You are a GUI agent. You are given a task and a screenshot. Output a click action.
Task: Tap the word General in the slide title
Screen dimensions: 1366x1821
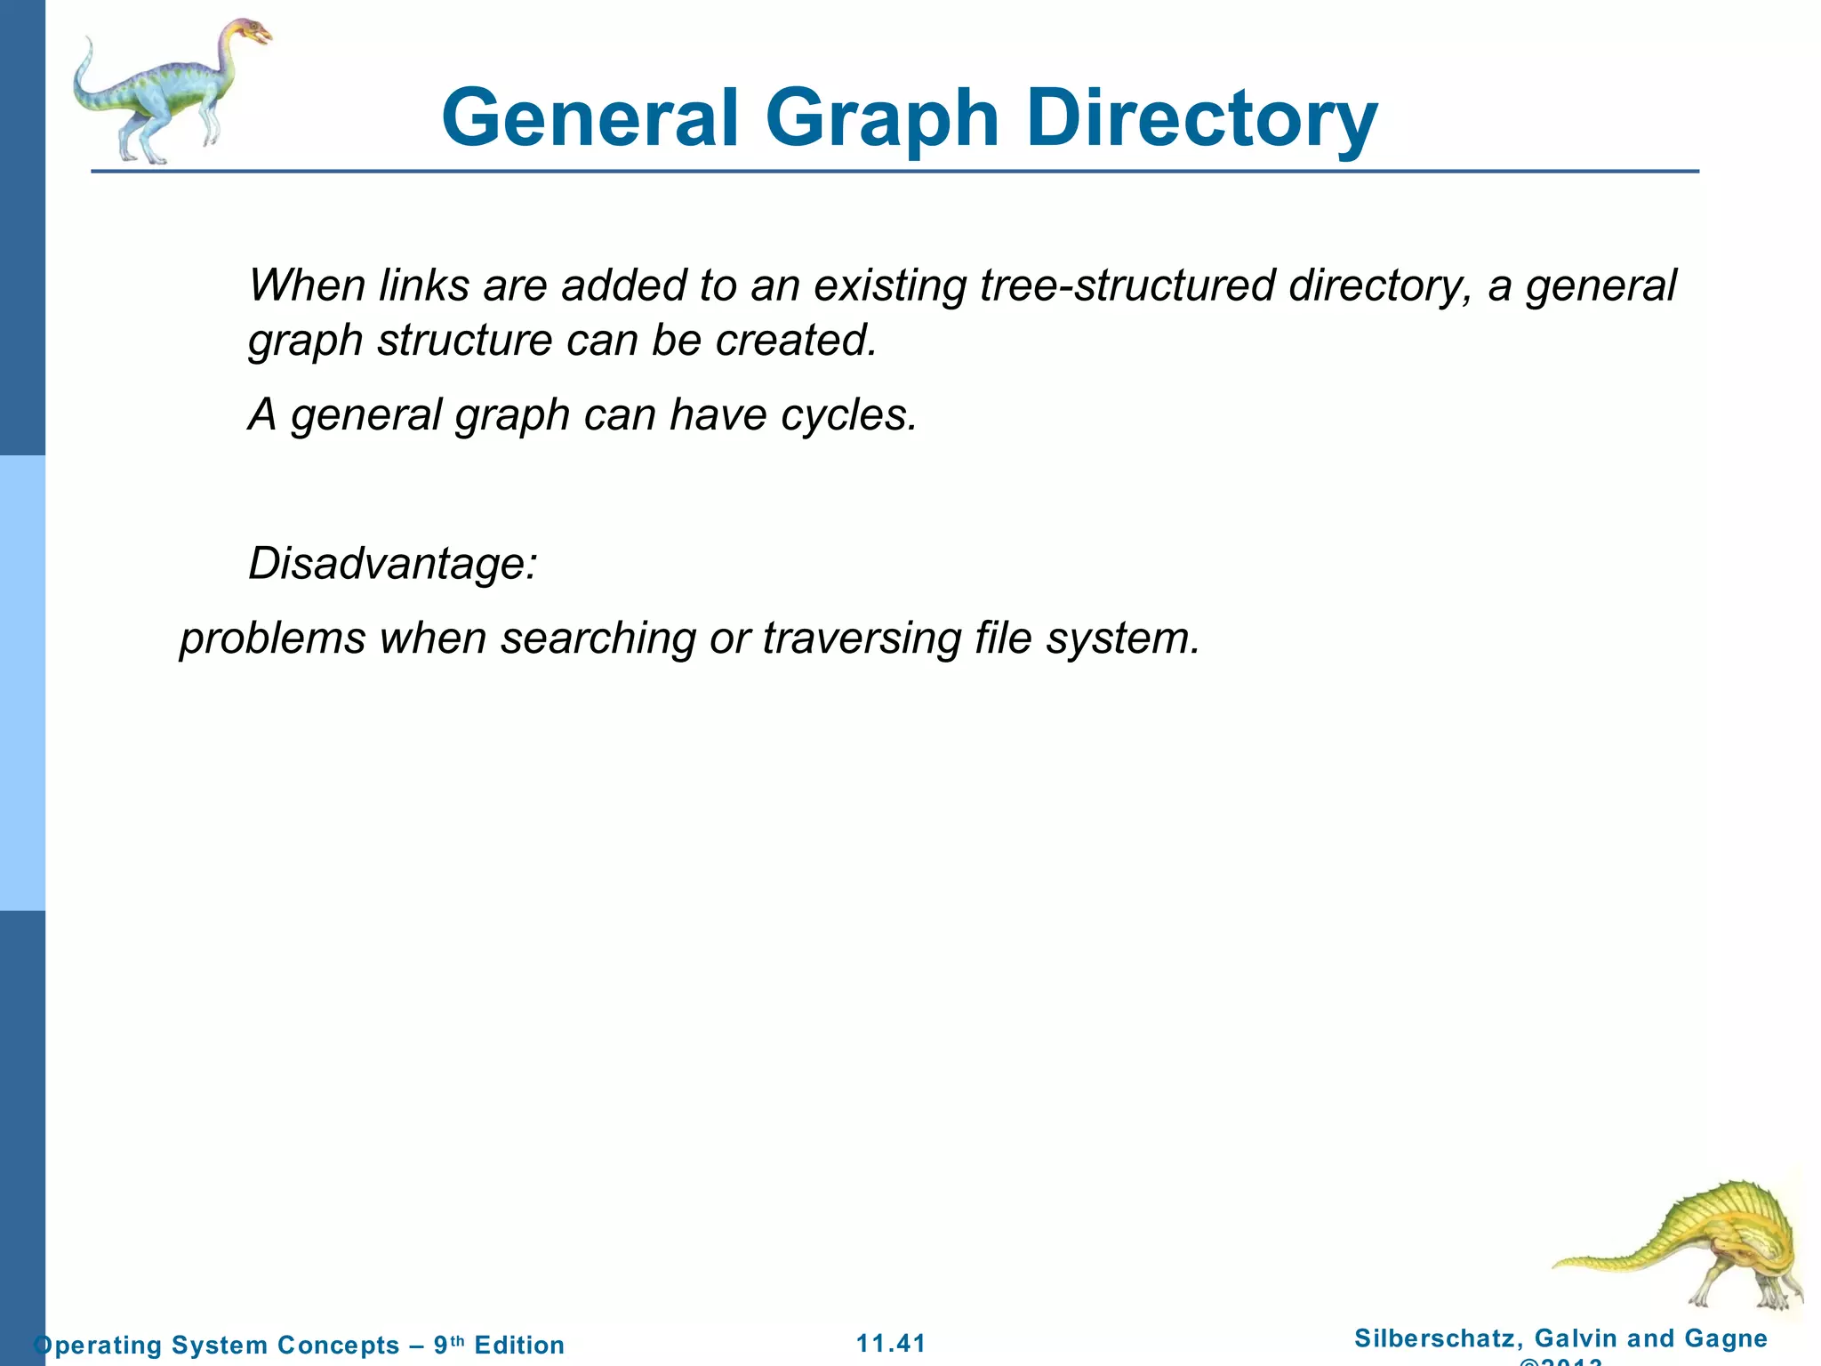tap(590, 119)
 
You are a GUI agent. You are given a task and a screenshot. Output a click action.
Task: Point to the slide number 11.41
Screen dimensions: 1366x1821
tap(891, 1343)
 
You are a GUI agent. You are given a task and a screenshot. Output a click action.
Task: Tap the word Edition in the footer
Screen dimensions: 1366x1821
tap(519, 1345)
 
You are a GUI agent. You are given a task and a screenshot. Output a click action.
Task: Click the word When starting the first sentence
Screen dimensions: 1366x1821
tap(308, 285)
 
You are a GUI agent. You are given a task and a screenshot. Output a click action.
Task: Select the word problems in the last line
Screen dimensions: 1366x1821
tap(273, 638)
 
